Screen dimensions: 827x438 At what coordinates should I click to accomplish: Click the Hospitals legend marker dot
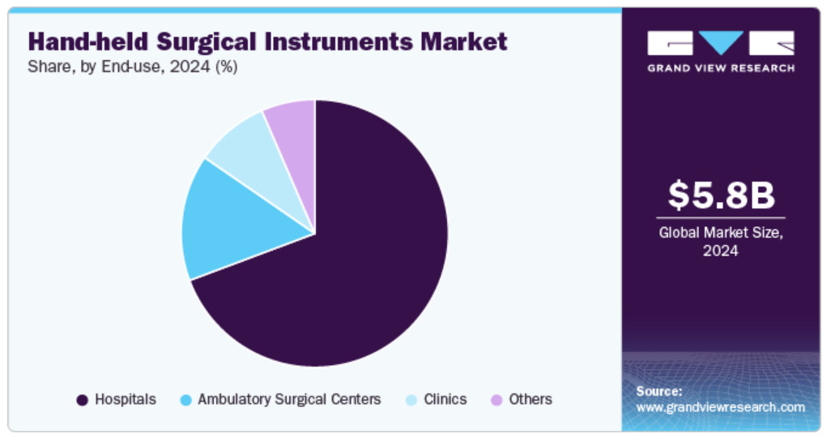(x=82, y=400)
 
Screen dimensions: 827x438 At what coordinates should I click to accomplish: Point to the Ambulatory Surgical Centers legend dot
(x=185, y=400)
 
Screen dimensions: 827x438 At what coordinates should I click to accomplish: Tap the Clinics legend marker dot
(x=411, y=400)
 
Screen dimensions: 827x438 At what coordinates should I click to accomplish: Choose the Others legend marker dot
(x=497, y=400)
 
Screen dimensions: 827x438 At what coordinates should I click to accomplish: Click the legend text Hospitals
(x=126, y=399)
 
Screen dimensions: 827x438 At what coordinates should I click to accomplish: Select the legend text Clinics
(x=445, y=399)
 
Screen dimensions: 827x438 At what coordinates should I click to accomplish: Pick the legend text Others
(x=530, y=399)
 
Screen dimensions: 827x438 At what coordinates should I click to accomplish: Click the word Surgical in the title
(x=207, y=42)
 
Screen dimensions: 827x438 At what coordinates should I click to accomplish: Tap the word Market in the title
(x=463, y=41)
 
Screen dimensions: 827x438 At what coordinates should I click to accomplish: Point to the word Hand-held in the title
(x=88, y=41)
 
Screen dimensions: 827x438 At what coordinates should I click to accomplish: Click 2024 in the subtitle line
(x=190, y=67)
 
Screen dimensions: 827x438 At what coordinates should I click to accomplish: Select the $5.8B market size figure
(x=721, y=195)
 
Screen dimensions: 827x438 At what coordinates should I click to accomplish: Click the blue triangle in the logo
(x=721, y=42)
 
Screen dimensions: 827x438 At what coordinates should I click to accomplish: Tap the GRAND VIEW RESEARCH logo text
(x=721, y=68)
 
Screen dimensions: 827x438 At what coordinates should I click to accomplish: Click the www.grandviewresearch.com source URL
(x=720, y=407)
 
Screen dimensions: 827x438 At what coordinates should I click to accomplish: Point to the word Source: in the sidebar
(x=659, y=392)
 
